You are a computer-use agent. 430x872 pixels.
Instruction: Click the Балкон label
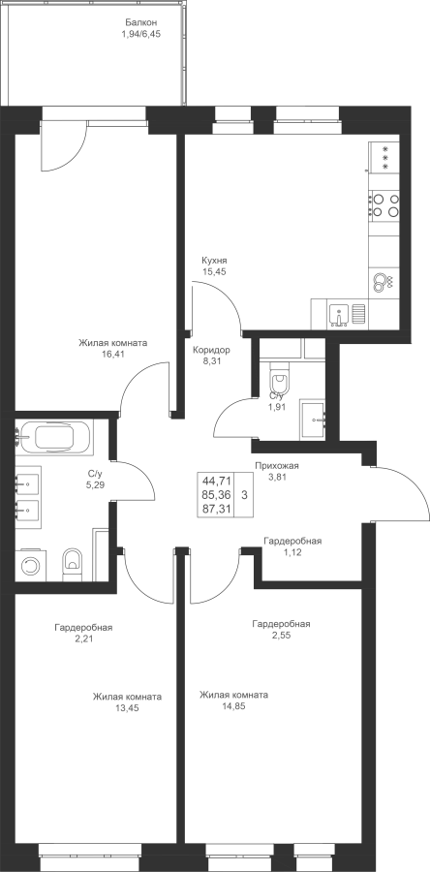pos(141,23)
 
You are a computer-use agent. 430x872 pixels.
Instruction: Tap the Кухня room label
pos(215,261)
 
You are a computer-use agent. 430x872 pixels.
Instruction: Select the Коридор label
pos(211,351)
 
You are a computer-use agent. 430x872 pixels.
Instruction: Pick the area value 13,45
pos(127,708)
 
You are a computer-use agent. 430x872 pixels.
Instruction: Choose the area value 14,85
pos(234,706)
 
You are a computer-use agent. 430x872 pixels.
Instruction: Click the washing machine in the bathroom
pos(30,566)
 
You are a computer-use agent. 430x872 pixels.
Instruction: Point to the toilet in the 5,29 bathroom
pos(73,563)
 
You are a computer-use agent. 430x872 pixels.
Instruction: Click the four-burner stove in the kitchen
pos(384,204)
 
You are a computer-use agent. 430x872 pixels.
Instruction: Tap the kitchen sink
pos(338,314)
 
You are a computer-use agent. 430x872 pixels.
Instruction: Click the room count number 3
pos(244,494)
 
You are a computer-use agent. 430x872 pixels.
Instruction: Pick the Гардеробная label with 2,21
pos(83,634)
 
